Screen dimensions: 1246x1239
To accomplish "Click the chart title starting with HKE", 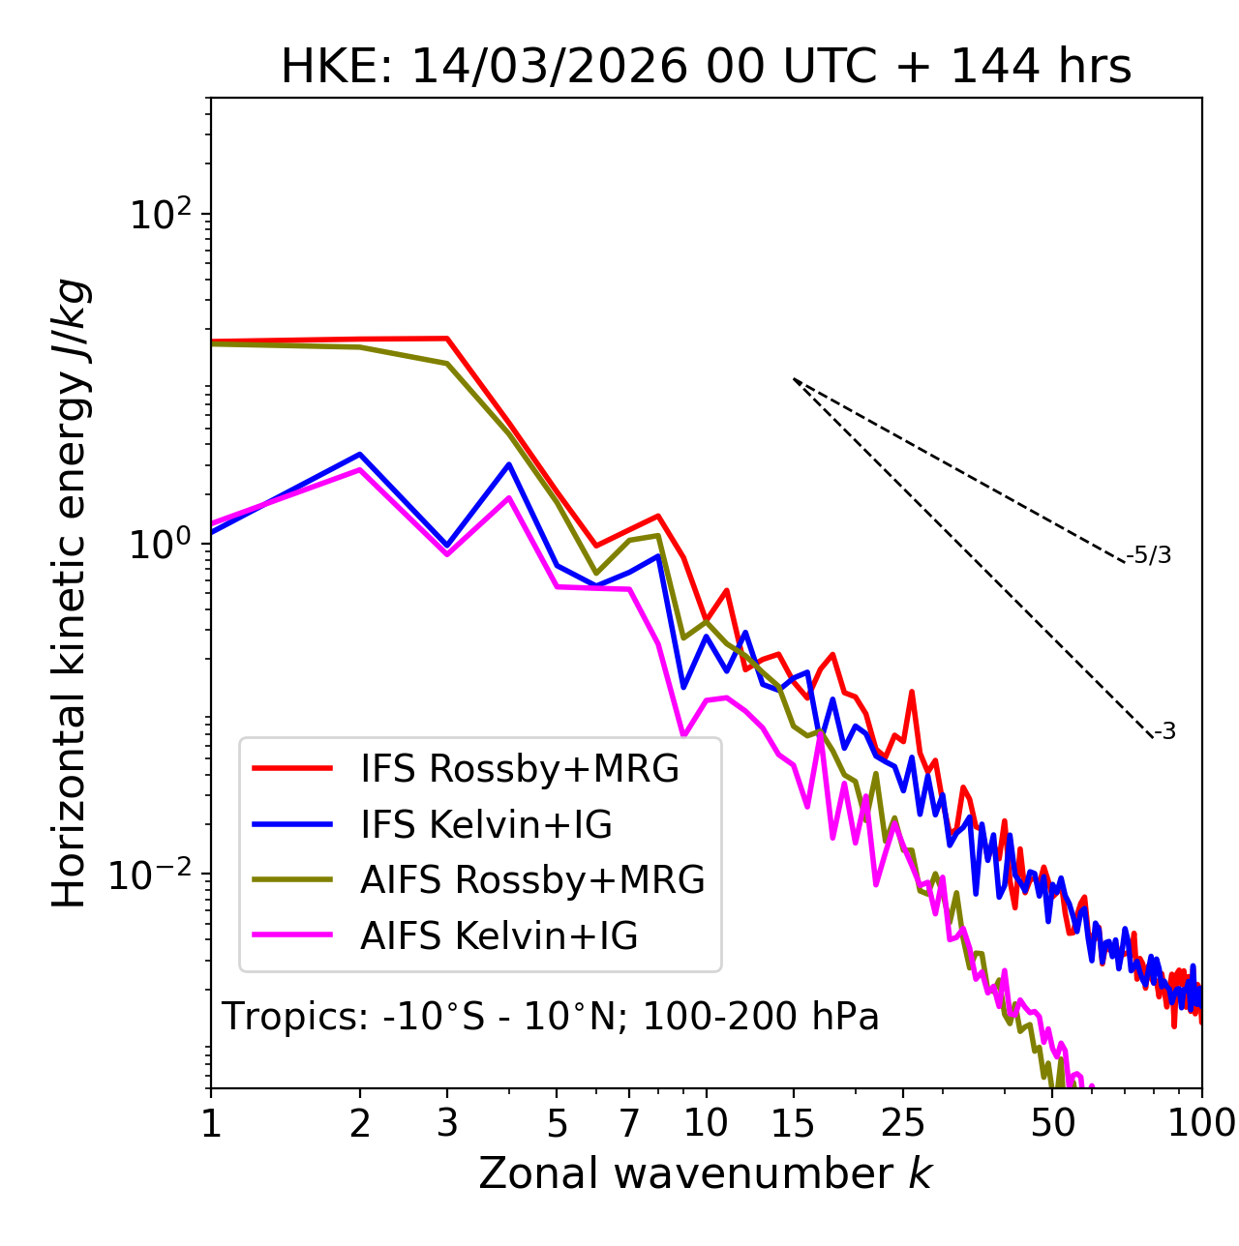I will coord(706,68).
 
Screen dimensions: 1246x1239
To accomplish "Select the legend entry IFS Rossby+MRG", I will coord(519,769).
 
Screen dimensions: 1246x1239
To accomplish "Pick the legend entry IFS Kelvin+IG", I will coord(486,825).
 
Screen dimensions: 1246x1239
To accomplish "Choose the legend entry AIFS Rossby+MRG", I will coord(531,880).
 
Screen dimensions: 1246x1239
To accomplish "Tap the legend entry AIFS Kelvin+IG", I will coord(499,936).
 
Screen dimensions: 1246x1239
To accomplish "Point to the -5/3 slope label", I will coord(1149,555).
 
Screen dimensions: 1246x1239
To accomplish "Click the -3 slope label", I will coord(1164,732).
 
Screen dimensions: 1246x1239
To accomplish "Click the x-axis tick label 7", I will coord(629,1123).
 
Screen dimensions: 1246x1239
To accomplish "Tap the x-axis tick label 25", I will coord(903,1123).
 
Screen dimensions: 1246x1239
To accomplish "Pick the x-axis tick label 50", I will coord(1052,1123).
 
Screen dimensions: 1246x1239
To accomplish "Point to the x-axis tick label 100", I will coord(1200,1123).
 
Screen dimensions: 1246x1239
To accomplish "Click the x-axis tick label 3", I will coord(447,1123).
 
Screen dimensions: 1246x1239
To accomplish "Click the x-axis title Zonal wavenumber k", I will coord(706,1173).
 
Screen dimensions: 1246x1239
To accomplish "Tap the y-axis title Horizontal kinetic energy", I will coord(70,593).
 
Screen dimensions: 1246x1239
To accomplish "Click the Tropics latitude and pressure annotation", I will coord(550,1017).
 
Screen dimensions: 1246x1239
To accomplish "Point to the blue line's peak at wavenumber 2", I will coord(360,454).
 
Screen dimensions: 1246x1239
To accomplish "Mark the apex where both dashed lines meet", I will coord(794,379).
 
